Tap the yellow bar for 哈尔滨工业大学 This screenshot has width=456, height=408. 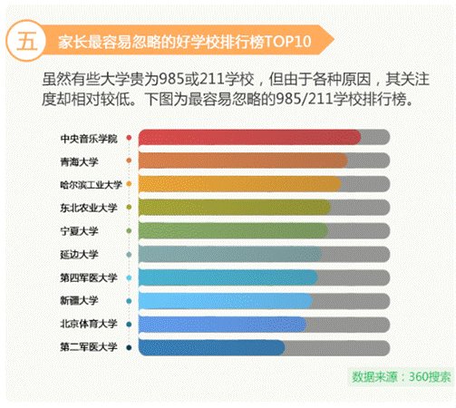[239, 184]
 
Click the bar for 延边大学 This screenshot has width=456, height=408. [231, 254]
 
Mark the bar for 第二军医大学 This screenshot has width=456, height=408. [212, 347]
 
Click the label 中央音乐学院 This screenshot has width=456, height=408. [89, 138]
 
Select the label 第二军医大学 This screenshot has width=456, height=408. [89, 347]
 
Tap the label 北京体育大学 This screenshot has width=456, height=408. [89, 324]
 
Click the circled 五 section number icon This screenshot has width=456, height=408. [26, 41]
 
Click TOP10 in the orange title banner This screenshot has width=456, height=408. [292, 42]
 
